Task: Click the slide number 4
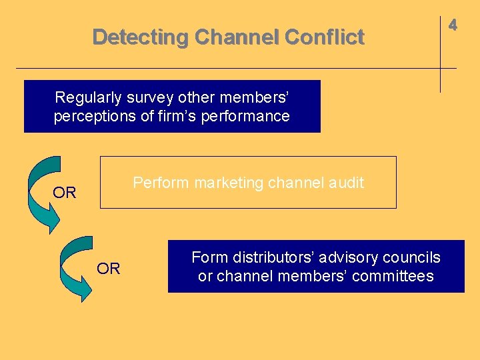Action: coord(453,25)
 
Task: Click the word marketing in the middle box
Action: coord(226,183)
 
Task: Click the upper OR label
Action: coord(65,193)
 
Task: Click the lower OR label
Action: coord(109,269)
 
